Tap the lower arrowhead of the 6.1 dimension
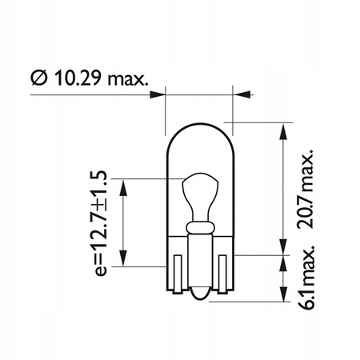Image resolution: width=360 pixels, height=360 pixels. pyautogui.click(x=284, y=298)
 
